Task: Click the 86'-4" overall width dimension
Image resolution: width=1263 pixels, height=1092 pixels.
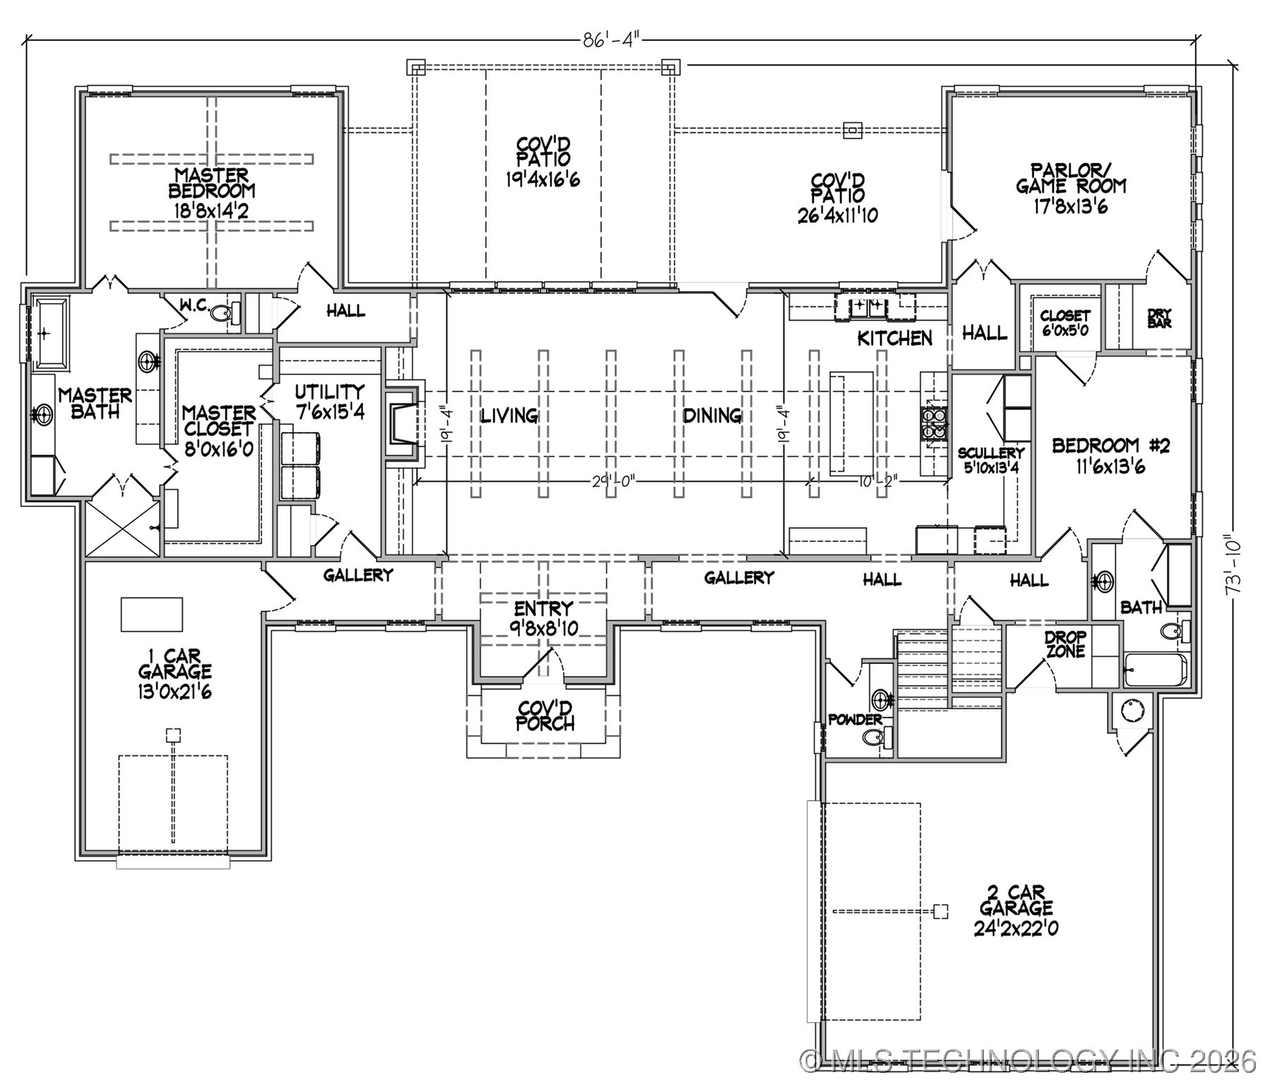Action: coord(610,40)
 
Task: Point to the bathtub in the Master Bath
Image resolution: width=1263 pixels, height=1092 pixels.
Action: coord(49,332)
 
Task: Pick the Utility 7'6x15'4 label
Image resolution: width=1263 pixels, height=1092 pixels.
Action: coord(329,401)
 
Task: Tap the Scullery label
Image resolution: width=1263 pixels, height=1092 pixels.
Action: coord(990,453)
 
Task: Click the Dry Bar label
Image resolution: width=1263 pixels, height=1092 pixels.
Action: coord(1159,318)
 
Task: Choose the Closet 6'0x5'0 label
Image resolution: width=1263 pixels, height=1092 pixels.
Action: coord(1065,322)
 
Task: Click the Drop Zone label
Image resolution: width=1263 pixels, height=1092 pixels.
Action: coord(1065,644)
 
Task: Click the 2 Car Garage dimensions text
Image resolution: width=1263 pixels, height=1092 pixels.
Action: coord(1016,928)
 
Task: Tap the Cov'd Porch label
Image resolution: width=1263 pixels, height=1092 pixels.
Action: coord(545,715)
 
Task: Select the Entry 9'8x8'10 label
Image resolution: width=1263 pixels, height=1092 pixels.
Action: coord(544,617)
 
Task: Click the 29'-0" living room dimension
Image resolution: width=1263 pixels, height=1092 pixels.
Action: coord(614,481)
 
